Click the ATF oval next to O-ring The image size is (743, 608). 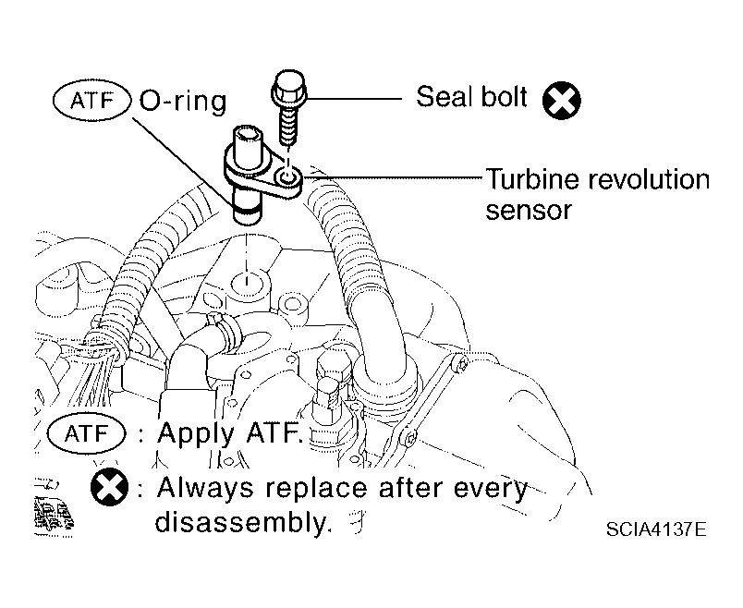coord(91,101)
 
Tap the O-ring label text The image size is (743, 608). coord(183,102)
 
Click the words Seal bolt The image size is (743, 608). coord(471,97)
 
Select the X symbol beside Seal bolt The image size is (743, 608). coord(562,101)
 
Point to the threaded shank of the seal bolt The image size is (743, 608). coord(287,123)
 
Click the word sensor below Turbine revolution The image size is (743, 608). coord(529,210)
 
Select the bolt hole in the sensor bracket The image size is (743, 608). coord(287,177)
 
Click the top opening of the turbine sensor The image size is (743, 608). coord(248,133)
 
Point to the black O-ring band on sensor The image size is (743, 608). coord(247,207)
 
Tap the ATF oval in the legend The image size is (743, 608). coord(87,433)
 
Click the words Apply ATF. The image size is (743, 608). coord(229,432)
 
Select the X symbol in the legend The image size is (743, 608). coord(109,487)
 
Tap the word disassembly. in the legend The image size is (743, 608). coord(242,522)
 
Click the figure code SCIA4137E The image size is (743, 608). coord(656,529)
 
